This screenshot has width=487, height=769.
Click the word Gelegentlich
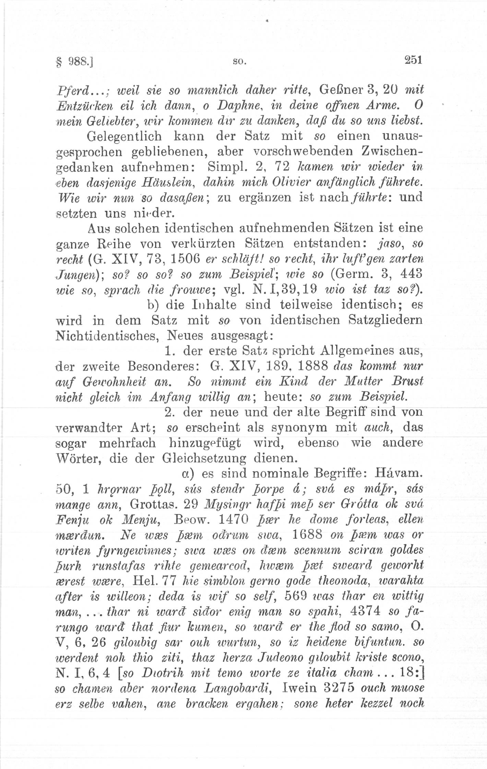tap(124, 137)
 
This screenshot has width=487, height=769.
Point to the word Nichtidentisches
tap(106, 336)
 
